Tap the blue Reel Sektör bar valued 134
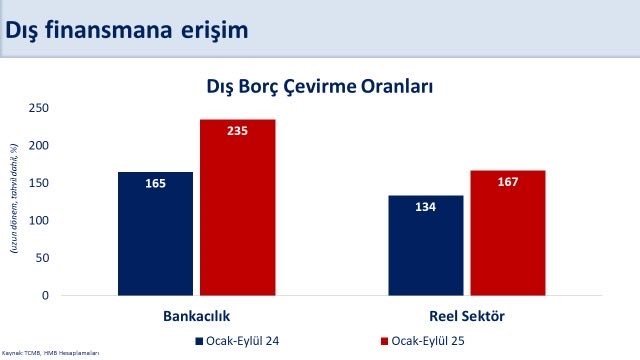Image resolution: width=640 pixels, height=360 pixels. (x=425, y=246)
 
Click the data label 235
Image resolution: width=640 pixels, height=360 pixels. (x=237, y=131)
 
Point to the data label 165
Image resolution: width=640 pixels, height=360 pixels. (x=154, y=184)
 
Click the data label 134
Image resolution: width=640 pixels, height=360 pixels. (x=425, y=207)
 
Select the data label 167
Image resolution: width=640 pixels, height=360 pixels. (x=508, y=182)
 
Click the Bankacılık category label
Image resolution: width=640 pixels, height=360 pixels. (x=196, y=316)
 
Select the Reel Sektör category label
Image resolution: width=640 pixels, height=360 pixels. (x=466, y=316)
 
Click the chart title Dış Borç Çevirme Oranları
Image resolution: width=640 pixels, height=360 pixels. (x=320, y=87)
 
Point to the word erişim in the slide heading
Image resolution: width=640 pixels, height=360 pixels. (x=212, y=31)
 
